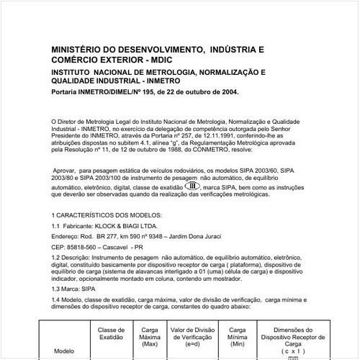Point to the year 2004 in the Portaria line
coord(224,93)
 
